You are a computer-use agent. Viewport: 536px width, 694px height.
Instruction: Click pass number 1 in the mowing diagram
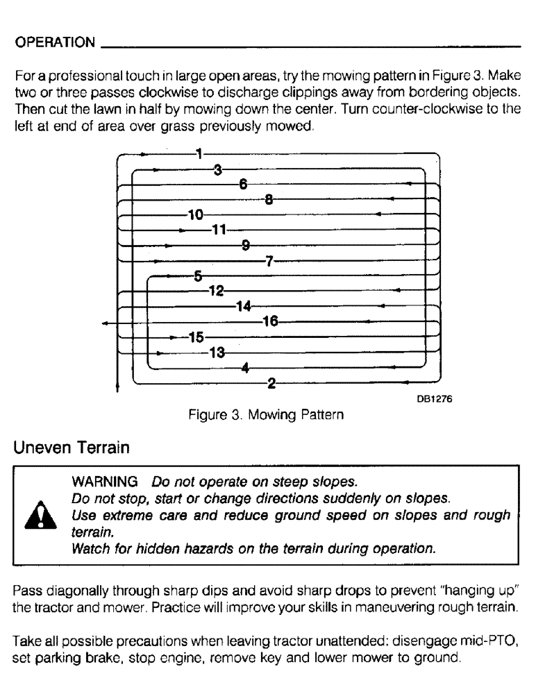(x=199, y=153)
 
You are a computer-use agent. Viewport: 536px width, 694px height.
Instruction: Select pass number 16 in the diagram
(x=270, y=321)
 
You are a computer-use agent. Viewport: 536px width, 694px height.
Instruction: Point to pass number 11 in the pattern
(x=219, y=230)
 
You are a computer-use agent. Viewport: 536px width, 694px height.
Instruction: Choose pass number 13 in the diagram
(x=217, y=353)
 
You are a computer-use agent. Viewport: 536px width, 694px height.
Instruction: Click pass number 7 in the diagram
(x=270, y=261)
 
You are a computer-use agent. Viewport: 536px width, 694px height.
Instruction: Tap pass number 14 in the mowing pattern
(x=243, y=305)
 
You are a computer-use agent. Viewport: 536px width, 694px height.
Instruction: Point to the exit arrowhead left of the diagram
(x=103, y=323)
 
